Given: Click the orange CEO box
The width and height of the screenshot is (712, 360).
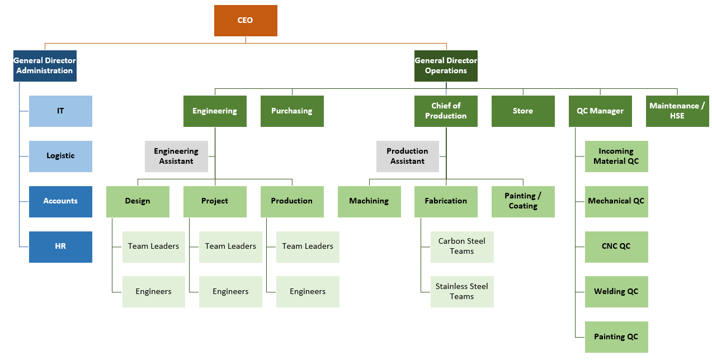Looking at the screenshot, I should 246,21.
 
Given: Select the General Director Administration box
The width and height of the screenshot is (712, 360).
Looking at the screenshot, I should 45,66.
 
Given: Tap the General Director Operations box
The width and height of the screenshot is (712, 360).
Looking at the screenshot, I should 446,66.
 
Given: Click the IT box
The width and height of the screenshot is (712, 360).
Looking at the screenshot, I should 60,111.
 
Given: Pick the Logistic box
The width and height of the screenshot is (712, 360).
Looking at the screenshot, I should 60,156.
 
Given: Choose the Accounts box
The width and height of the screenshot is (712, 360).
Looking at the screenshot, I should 60,201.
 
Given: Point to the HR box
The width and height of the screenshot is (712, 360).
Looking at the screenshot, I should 60,247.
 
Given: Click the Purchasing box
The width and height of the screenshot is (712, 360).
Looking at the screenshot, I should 292,111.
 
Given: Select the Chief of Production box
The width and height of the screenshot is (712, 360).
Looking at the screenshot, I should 446,111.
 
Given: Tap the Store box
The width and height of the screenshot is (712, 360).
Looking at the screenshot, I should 523,111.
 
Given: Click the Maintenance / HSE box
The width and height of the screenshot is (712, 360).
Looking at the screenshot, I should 677,111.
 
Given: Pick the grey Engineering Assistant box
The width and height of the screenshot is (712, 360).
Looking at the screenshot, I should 176,156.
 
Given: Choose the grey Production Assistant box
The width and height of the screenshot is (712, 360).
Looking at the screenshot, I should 407,156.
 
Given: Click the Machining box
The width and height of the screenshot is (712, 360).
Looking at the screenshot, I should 369,201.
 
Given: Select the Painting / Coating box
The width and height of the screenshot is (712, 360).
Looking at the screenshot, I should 523,201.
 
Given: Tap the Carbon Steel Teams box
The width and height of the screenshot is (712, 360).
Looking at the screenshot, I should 462,247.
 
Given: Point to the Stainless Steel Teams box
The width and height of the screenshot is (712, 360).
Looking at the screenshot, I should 462,291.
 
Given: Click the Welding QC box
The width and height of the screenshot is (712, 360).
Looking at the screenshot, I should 616,291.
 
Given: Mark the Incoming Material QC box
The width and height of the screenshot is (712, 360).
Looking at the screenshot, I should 616,156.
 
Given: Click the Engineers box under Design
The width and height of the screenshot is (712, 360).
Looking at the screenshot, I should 154,291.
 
